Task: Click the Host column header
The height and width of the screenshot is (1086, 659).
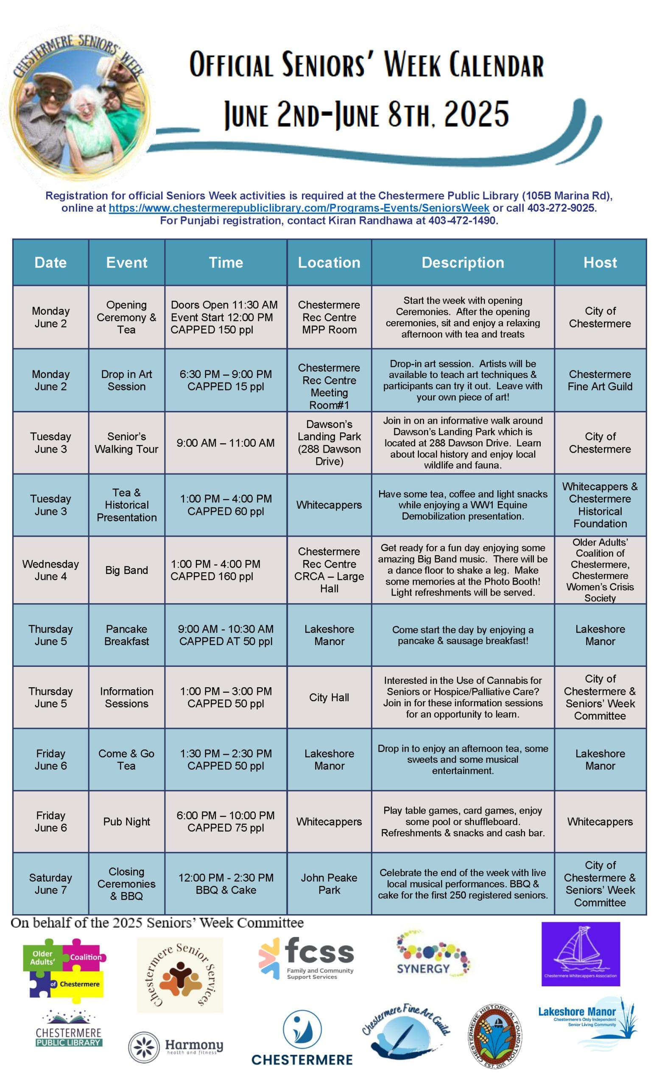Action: pos(600,263)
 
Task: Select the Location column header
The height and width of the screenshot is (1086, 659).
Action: pos(329,263)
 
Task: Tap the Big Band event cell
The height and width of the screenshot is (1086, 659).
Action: pos(126,570)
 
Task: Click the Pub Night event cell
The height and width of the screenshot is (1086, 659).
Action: pos(126,822)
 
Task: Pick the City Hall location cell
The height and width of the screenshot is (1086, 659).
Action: pos(329,697)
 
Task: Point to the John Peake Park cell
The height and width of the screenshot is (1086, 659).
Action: pos(329,884)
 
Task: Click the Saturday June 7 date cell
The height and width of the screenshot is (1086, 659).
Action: pos(50,884)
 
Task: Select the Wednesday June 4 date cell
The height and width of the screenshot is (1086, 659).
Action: pos(50,570)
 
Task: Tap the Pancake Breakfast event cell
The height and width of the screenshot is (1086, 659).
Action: pos(126,635)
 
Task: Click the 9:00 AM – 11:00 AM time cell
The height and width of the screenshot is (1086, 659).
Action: pos(226,443)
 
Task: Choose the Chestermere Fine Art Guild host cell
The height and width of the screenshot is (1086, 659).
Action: pos(600,381)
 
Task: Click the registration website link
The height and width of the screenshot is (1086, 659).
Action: pos(299,208)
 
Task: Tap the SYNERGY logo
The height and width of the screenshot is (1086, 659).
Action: pos(433,957)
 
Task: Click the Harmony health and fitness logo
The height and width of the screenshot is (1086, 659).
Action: pos(176,1047)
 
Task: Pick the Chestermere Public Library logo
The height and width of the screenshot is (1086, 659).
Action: pos(69,1030)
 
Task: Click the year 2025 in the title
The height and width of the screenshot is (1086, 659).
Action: pos(476,114)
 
